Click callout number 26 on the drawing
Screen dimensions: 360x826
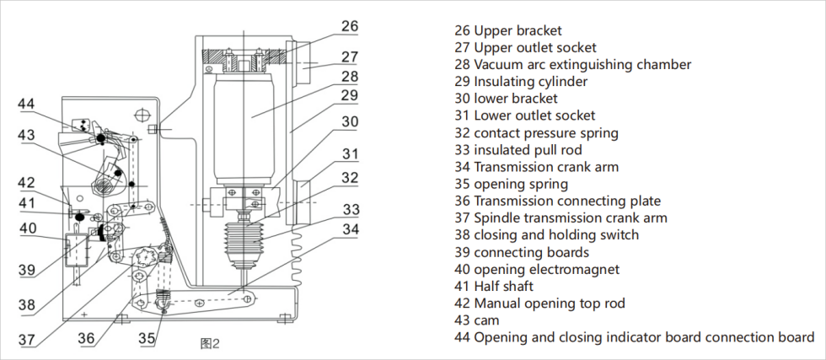click(349, 26)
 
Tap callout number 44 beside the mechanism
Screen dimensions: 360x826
click(26, 105)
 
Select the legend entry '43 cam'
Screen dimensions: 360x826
click(477, 320)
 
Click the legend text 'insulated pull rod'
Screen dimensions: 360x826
click(518, 150)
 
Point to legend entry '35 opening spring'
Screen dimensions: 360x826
click(511, 184)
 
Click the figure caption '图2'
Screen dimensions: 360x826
click(209, 343)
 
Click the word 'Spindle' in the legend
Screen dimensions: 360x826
click(496, 218)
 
